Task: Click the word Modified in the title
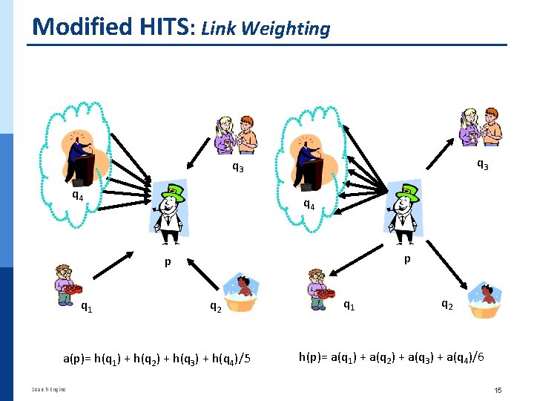pyautogui.click(x=72, y=27)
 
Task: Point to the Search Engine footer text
pyautogui.click(x=48, y=389)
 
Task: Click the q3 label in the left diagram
pyautogui.click(x=237, y=167)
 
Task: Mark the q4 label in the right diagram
pyautogui.click(x=309, y=204)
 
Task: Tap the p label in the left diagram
pyautogui.click(x=168, y=262)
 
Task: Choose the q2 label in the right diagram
pyautogui.click(x=447, y=303)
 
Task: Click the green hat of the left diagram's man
pyautogui.click(x=173, y=192)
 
